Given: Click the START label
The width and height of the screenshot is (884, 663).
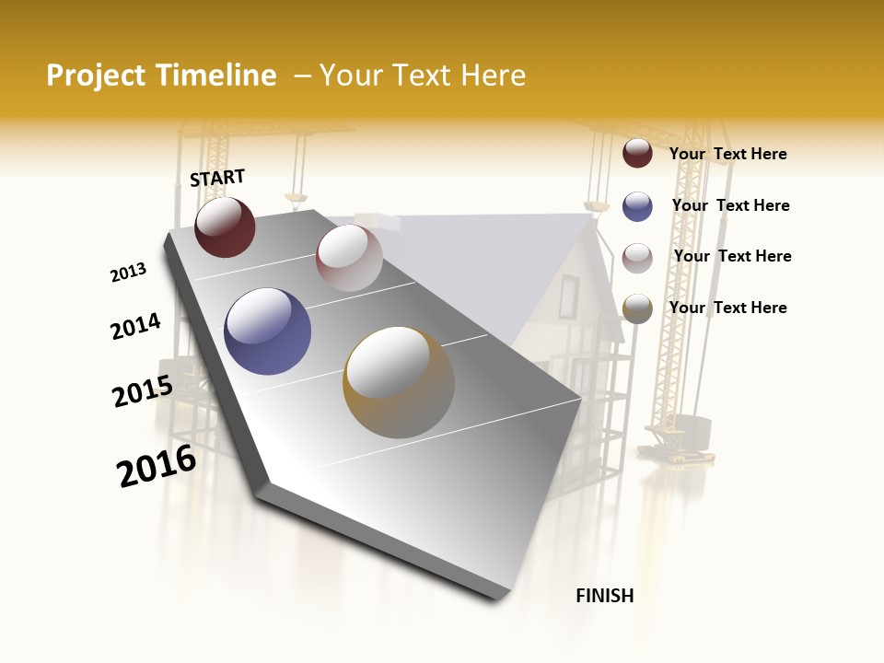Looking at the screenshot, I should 217,178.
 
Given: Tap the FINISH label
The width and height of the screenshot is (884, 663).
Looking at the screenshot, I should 604,596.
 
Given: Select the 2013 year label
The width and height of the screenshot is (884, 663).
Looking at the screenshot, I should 128,273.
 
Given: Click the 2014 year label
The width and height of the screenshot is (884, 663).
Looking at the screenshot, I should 135,326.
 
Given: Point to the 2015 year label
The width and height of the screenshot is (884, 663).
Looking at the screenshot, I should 143,391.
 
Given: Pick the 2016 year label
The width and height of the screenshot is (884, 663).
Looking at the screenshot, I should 157,466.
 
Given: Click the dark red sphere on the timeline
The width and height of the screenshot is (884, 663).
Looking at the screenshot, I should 225,227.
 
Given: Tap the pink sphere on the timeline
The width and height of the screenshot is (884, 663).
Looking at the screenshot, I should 349,258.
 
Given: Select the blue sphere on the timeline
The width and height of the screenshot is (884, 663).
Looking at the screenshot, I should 268,331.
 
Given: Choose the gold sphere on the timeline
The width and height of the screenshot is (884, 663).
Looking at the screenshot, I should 399,382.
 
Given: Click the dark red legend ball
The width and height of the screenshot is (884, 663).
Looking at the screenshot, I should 637,153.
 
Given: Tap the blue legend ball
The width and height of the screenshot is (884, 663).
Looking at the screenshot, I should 637,206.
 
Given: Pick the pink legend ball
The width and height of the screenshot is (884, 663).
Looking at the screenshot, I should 637,258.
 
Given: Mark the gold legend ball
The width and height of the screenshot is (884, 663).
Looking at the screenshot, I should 637,308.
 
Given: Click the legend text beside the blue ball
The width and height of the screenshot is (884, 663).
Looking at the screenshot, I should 730,205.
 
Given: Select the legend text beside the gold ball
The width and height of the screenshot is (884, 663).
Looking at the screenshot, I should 727,308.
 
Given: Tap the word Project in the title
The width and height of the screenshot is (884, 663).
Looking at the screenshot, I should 95,76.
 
